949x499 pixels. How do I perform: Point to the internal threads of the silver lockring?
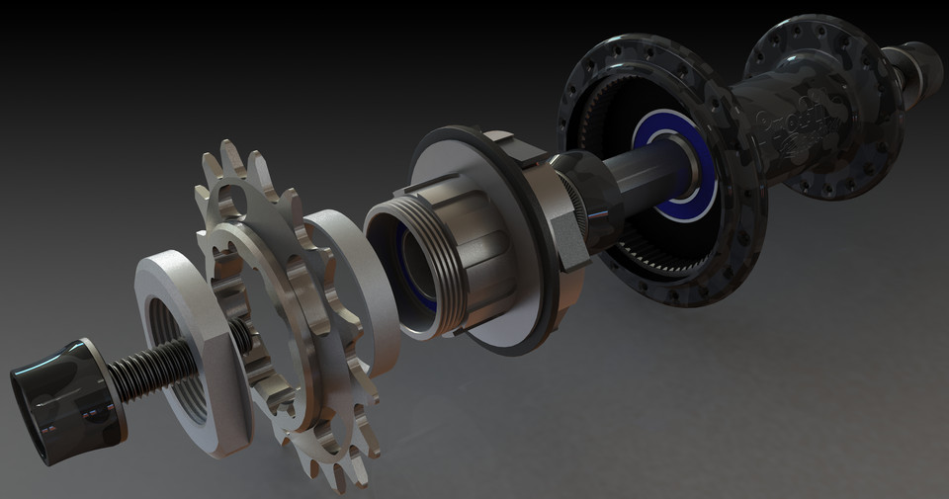(178, 341)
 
